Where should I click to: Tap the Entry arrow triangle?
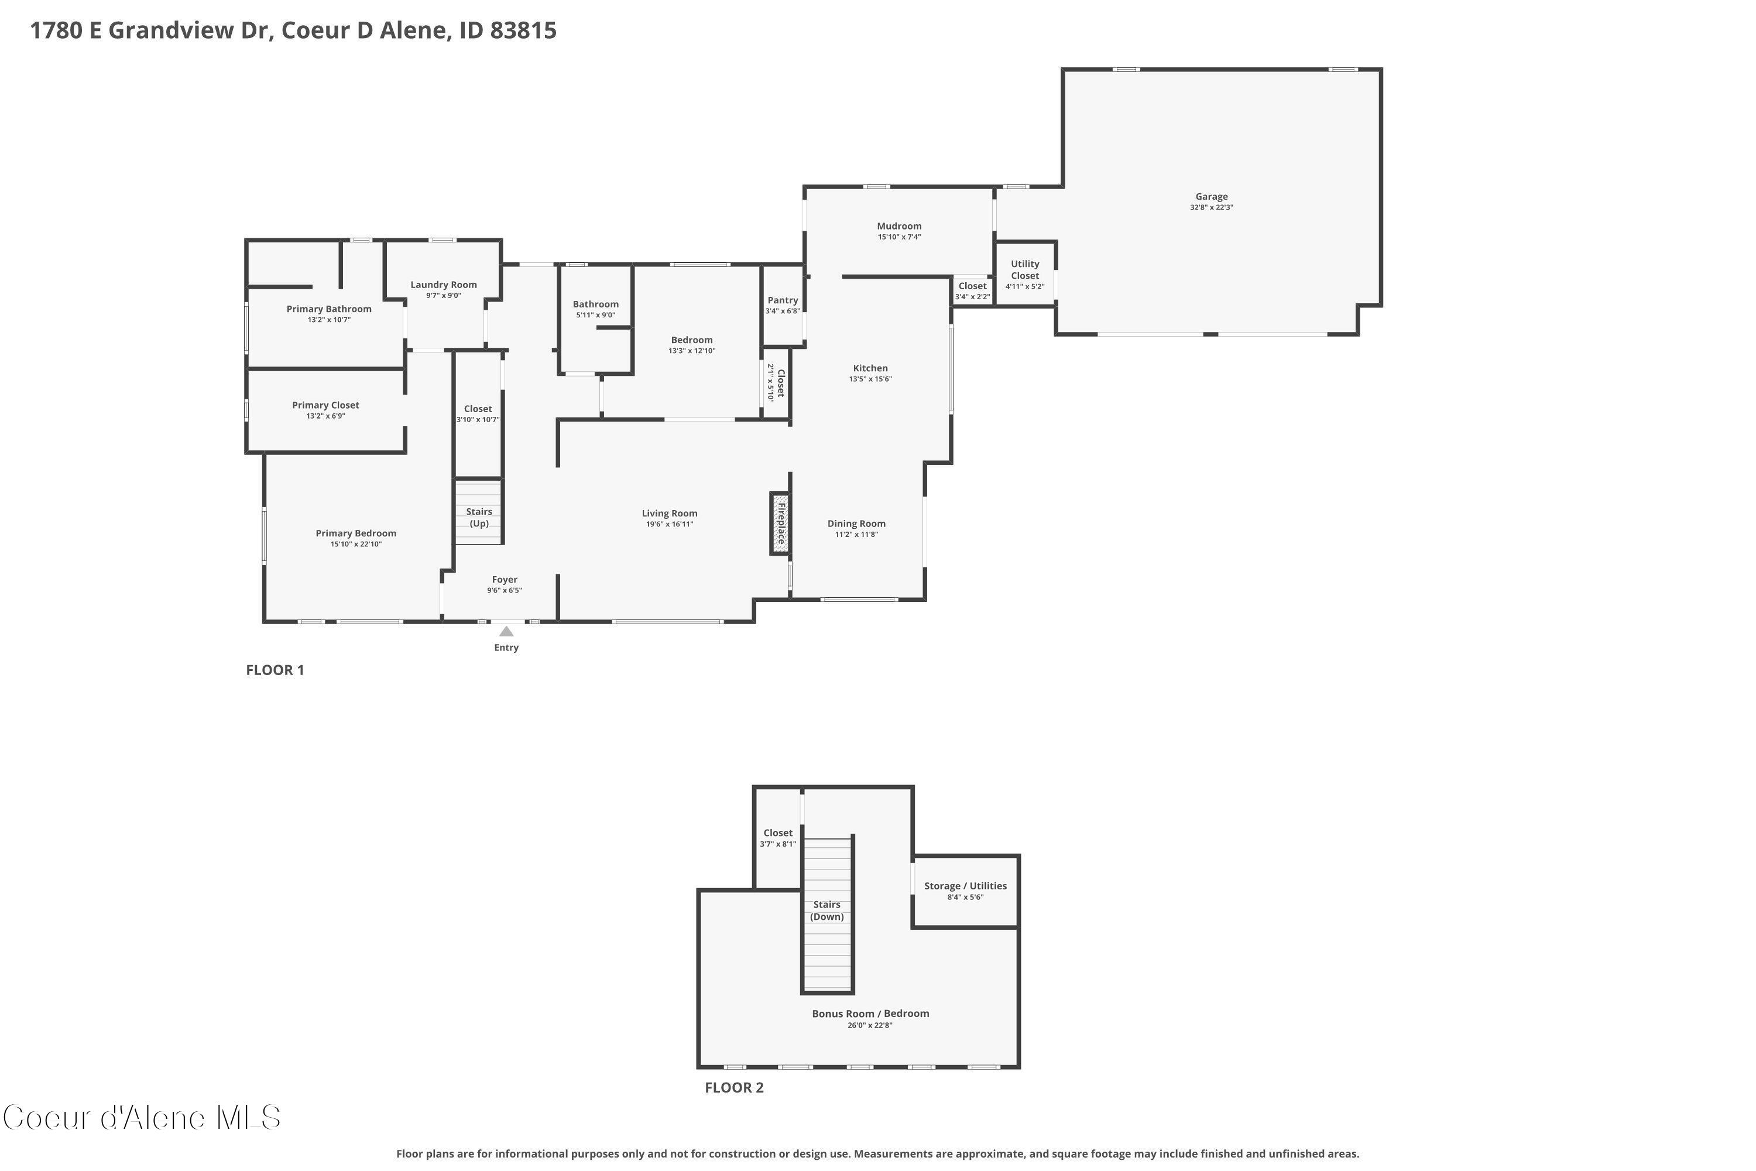[x=506, y=632]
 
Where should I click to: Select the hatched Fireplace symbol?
[x=780, y=523]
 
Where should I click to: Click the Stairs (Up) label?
[x=479, y=518]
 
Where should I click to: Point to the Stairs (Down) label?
[x=826, y=910]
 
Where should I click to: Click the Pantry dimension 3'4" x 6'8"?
[x=783, y=311]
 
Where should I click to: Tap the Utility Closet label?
[x=1024, y=269]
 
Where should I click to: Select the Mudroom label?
[x=899, y=226]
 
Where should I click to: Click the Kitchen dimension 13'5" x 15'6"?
[x=870, y=379]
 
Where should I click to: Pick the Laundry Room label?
[x=444, y=285]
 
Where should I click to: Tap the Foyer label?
[x=505, y=580]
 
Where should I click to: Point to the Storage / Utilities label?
[x=965, y=886]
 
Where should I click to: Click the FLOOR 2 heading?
[x=734, y=1087]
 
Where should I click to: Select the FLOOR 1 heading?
[x=275, y=670]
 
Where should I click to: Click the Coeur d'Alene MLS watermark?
[x=142, y=1118]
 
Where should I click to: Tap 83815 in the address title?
[x=523, y=30]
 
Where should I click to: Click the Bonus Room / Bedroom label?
[x=870, y=1014]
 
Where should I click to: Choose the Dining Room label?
[x=856, y=523]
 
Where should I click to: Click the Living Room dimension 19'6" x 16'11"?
[x=669, y=524]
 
